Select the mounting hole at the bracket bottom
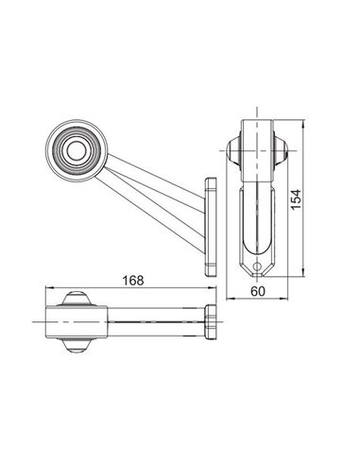click(256, 267)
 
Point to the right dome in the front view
click(282, 150)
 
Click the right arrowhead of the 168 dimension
click(214, 289)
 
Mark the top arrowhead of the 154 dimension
click(303, 125)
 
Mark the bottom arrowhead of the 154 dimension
click(303, 275)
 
